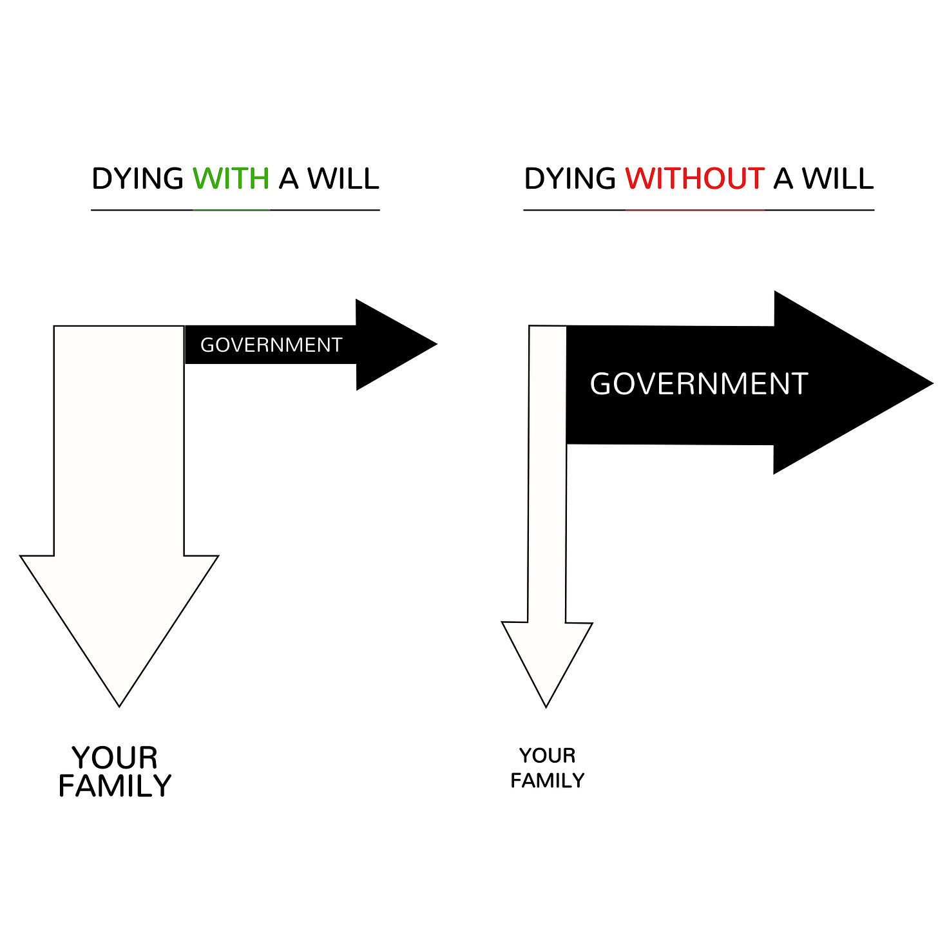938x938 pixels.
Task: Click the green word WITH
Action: point(231,178)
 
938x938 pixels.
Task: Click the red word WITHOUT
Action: point(694,178)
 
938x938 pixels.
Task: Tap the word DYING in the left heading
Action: point(137,178)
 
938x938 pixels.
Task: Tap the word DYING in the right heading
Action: point(569,178)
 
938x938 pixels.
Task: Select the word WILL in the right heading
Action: point(838,178)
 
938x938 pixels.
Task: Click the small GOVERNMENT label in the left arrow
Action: point(271,345)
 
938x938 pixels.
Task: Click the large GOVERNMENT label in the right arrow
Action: point(699,384)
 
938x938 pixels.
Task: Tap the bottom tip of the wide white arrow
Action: point(119,704)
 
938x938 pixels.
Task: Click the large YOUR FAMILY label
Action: point(115,772)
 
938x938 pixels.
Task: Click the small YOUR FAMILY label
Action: point(547,768)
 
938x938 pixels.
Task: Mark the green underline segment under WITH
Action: point(231,210)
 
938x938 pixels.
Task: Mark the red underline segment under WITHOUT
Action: point(694,210)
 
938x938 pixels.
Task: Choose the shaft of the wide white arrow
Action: point(119,438)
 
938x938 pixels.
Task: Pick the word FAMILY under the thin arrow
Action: point(547,781)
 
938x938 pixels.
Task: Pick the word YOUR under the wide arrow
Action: point(115,758)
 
